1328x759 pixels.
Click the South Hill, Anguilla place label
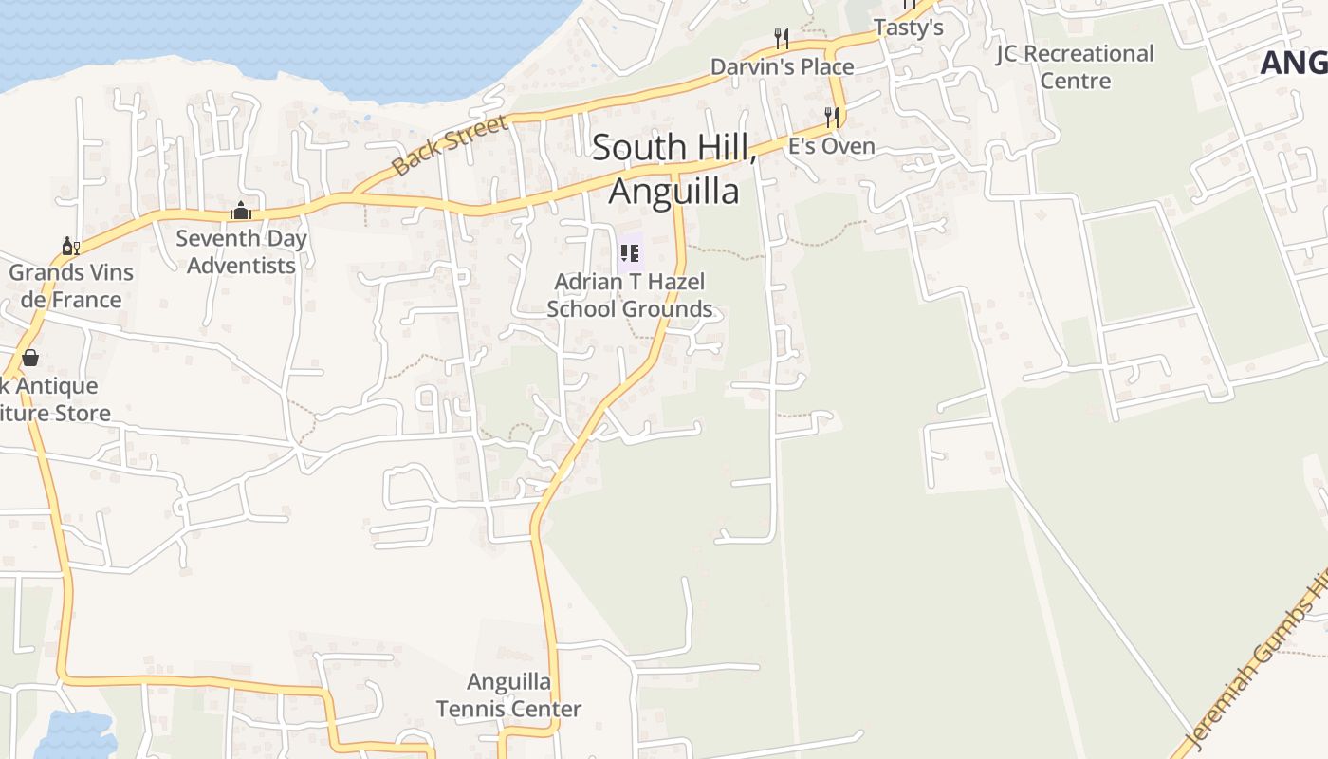673,169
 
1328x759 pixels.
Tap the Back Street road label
450,146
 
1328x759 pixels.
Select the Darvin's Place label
783,66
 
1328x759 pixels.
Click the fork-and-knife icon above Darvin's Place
782,39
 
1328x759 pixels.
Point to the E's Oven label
832,146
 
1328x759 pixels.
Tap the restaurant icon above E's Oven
832,118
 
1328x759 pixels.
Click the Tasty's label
908,28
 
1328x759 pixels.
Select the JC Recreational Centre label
1075,66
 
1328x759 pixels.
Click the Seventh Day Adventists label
241,251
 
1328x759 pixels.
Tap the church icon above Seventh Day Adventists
241,211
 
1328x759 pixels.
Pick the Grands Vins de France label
70,286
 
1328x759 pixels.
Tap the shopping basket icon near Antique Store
30,357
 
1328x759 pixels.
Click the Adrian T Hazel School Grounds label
630,295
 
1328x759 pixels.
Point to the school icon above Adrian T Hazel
630,253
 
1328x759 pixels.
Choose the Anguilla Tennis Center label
508,694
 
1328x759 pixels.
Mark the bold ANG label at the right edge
1295,63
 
